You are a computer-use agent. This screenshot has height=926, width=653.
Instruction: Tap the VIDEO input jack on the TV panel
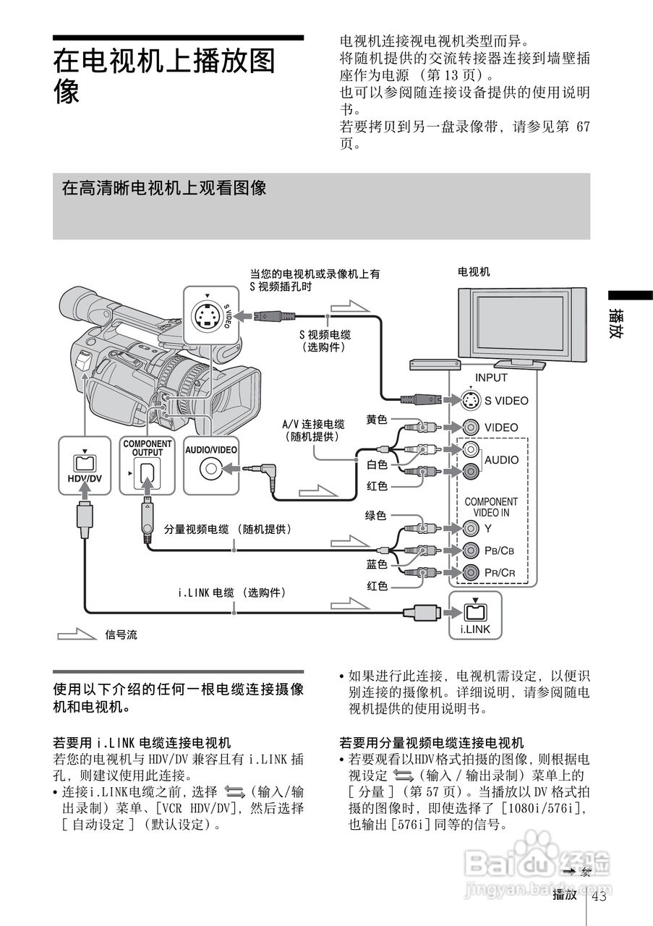(x=471, y=427)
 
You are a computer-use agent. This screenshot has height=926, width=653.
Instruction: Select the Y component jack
(x=471, y=527)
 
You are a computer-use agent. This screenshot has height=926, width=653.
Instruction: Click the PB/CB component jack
(x=471, y=550)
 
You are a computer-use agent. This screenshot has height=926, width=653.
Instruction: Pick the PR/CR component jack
(x=471, y=572)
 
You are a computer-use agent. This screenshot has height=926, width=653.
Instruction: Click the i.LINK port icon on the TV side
(x=474, y=612)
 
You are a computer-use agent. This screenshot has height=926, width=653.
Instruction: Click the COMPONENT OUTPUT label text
(x=148, y=448)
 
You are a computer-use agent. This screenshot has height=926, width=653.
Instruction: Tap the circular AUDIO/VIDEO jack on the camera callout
(x=210, y=469)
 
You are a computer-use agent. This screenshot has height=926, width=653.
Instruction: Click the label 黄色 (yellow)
(x=377, y=420)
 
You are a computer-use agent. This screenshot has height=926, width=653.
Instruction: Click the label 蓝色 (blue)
(x=377, y=564)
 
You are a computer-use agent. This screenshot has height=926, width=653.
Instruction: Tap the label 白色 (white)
(x=377, y=464)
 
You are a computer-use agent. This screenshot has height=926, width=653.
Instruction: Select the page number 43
(x=599, y=897)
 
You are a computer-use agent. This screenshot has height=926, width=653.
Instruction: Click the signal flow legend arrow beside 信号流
(x=77, y=634)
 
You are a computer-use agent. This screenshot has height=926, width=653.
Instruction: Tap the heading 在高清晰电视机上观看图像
(x=164, y=189)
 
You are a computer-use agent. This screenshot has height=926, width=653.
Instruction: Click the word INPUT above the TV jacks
(x=491, y=378)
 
